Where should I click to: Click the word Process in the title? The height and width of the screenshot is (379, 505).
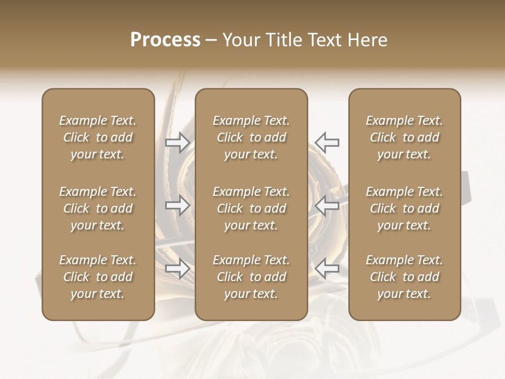(165, 40)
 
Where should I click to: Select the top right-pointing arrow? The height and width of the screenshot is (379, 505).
(178, 142)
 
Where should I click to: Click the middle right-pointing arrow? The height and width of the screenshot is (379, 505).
(178, 205)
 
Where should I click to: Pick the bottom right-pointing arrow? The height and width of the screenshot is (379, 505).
(178, 269)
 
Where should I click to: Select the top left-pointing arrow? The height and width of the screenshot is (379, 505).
(327, 142)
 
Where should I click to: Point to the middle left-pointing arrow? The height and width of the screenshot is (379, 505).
(327, 205)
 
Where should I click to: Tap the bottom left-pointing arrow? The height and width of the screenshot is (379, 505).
(327, 269)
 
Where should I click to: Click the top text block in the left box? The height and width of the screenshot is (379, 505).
(98, 137)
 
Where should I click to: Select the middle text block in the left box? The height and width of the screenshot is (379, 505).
(98, 208)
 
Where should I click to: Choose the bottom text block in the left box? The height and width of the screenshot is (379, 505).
(98, 277)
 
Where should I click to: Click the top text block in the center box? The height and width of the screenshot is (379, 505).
(251, 137)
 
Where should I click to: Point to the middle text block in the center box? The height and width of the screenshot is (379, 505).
(251, 208)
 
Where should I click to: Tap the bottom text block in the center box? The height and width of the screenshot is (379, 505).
(251, 277)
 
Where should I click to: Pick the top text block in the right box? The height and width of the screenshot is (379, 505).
(405, 137)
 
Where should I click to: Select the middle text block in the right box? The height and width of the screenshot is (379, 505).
(405, 208)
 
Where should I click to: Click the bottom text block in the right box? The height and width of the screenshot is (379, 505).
(405, 277)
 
